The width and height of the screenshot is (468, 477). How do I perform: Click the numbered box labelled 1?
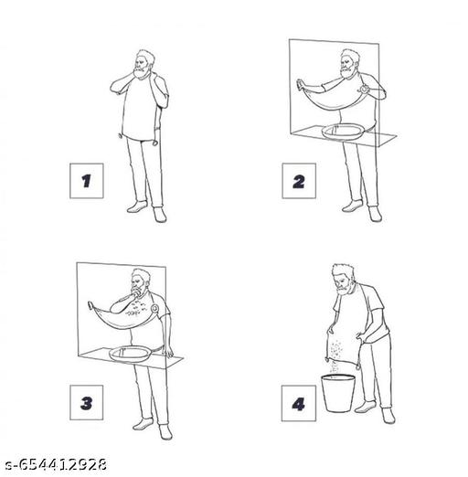(x=87, y=181)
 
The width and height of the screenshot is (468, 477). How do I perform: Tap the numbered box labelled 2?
(x=299, y=181)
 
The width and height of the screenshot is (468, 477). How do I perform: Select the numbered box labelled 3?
(x=87, y=402)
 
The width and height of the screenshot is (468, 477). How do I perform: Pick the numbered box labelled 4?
(x=299, y=403)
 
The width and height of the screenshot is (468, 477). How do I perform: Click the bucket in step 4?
(x=338, y=393)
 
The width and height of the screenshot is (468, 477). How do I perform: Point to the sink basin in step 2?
(x=343, y=132)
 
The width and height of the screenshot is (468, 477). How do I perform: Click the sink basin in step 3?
(x=131, y=354)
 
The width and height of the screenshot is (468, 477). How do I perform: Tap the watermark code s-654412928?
(x=57, y=465)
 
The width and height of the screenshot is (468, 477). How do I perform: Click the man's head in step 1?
(x=144, y=65)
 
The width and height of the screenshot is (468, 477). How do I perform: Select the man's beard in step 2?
(x=347, y=72)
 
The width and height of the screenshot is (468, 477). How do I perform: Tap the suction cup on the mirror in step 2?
(x=300, y=83)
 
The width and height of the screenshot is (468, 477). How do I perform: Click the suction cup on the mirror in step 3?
(x=90, y=305)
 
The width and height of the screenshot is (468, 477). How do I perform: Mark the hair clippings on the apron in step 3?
(x=136, y=308)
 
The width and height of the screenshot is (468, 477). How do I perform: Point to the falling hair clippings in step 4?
(x=335, y=355)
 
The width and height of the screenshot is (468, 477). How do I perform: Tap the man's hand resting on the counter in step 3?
(x=167, y=352)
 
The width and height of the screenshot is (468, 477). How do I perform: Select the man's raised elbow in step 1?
(x=113, y=88)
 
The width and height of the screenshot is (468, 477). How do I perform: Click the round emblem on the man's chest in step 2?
(x=365, y=89)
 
